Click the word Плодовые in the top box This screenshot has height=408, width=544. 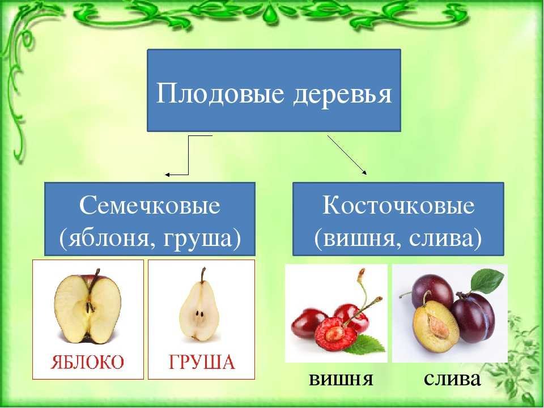click(x=219, y=93)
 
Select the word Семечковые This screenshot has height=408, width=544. click(x=150, y=205)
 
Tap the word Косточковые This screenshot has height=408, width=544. click(x=398, y=205)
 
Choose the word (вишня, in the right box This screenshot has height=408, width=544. click(x=358, y=239)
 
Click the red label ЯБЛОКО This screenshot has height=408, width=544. click(x=87, y=363)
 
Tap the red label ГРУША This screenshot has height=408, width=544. click(x=202, y=363)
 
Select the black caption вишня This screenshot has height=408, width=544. click(x=341, y=379)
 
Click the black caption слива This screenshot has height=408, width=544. click(x=452, y=379)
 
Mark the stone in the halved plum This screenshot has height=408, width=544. click(x=438, y=324)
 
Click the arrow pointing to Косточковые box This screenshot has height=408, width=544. click(x=347, y=155)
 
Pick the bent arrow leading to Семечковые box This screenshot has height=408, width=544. click(x=188, y=155)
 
